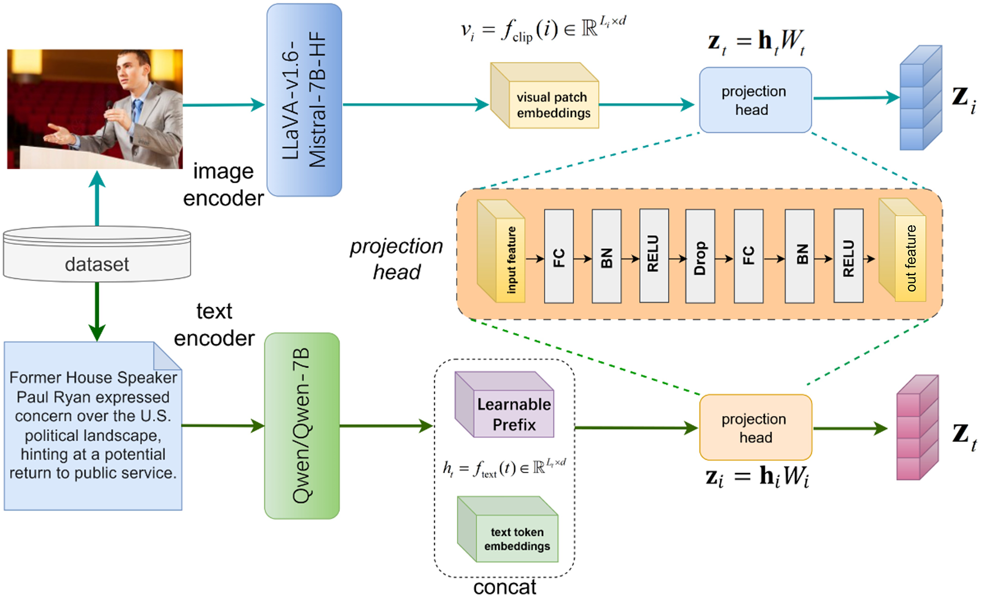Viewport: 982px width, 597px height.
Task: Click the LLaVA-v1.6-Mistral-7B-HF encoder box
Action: [304, 100]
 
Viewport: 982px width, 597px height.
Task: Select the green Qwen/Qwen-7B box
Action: [301, 426]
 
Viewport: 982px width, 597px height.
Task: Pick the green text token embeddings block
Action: [509, 531]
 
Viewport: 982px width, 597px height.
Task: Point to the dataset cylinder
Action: [97, 255]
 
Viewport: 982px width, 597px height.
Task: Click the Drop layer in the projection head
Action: [700, 256]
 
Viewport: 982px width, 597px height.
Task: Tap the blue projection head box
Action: [755, 100]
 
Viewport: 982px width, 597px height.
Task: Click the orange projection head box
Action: [755, 427]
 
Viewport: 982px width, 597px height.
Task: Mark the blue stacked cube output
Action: [920, 98]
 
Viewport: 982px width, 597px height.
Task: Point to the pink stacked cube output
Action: [917, 427]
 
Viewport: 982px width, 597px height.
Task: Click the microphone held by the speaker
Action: [109, 107]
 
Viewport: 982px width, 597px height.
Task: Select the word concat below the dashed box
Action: [504, 587]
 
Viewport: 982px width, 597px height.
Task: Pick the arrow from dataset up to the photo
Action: [97, 199]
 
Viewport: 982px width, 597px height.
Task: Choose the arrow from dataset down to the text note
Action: [97, 311]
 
